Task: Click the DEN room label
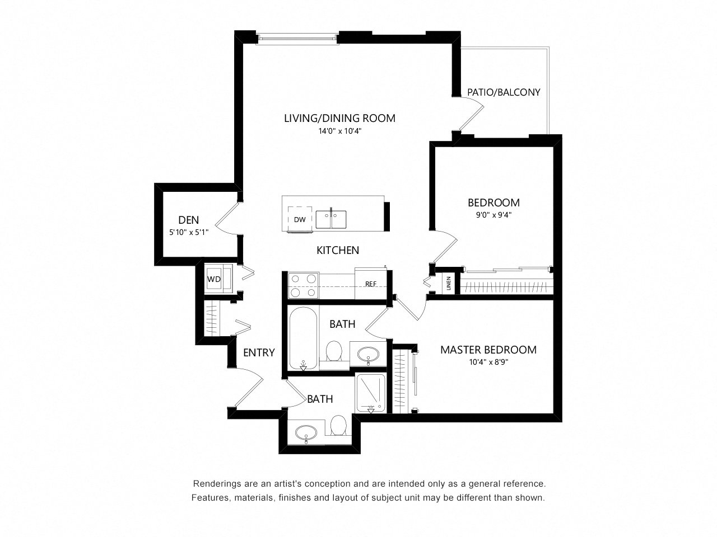[188, 220]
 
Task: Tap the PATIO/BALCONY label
[504, 92]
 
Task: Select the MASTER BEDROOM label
[488, 350]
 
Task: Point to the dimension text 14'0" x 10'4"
[340, 131]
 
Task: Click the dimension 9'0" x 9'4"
[493, 215]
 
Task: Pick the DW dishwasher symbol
[300, 219]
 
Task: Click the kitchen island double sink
[330, 219]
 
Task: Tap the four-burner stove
[303, 285]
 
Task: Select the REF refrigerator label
[370, 284]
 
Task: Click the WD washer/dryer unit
[218, 279]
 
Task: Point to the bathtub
[303, 338]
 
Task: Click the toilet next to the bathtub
[334, 351]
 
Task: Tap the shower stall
[370, 393]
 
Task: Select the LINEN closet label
[449, 284]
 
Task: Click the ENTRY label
[259, 352]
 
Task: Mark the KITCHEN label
[338, 250]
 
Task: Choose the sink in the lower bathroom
[306, 433]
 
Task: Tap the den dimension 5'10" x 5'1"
[188, 232]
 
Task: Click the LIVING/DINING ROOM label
[339, 118]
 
